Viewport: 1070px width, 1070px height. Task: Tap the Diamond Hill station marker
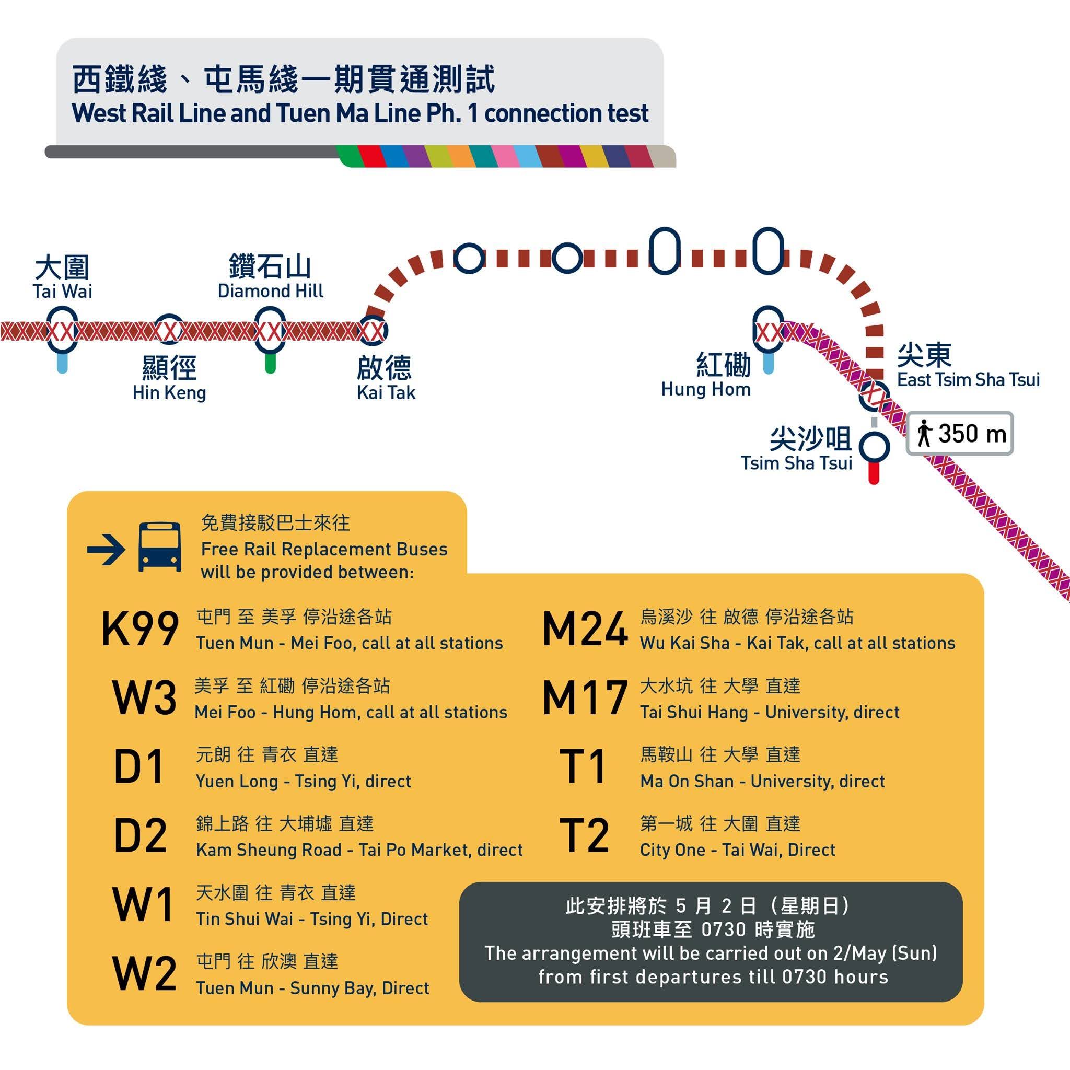click(x=270, y=331)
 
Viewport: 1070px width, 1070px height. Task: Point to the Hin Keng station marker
click(x=168, y=331)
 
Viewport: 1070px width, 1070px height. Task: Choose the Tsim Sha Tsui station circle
click(x=874, y=446)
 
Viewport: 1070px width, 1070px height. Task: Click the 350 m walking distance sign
click(x=960, y=434)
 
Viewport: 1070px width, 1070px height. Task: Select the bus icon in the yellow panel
click(x=159, y=547)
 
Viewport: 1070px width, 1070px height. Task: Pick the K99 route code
click(x=140, y=629)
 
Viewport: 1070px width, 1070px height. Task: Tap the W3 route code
click(x=144, y=698)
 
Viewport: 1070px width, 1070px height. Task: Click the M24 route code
click(x=585, y=629)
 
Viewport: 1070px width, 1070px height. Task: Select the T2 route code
click(x=584, y=835)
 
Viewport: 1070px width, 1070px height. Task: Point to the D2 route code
click(x=140, y=835)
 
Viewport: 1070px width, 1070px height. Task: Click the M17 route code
click(x=585, y=698)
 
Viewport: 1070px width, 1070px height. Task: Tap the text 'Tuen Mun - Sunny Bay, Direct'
click(x=312, y=988)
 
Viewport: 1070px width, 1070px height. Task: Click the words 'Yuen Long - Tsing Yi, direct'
click(x=304, y=782)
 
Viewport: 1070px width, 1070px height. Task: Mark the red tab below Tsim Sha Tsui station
click(x=874, y=473)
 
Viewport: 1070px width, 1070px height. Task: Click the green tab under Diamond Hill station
click(x=270, y=363)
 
